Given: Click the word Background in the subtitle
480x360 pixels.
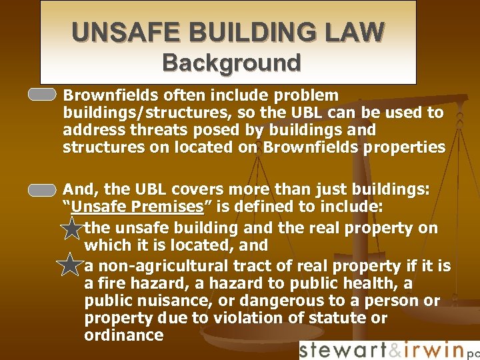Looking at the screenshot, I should pos(231,63).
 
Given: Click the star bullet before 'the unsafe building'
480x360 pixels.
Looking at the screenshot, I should pos(70,230).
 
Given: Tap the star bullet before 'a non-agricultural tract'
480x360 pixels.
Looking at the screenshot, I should pos(70,267).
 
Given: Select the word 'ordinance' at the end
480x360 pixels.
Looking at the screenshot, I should pos(124,335).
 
